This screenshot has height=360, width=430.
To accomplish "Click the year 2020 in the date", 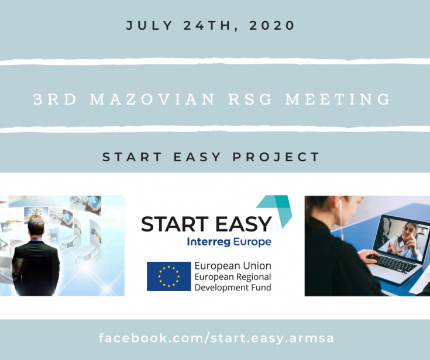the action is [x=272, y=26].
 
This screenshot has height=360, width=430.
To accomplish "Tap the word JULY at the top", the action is [x=149, y=26].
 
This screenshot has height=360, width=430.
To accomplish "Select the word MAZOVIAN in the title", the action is [x=153, y=99].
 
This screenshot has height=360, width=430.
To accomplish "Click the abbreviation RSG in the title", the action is [x=250, y=99].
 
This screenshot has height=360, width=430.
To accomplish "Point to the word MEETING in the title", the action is [x=338, y=99].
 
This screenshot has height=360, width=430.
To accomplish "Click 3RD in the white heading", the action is [x=55, y=99].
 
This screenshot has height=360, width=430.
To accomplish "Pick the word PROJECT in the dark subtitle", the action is [x=276, y=157].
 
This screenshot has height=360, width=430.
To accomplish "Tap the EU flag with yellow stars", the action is [x=168, y=276].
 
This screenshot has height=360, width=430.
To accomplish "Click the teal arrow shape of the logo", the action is [x=277, y=210].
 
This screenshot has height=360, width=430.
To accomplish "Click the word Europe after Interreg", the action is [x=252, y=242].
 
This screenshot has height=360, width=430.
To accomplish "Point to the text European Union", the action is [x=233, y=266].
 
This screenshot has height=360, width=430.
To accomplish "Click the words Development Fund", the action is [x=233, y=288].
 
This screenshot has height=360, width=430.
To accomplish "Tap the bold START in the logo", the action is [x=175, y=224].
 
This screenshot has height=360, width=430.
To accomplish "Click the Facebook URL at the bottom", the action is [x=216, y=338].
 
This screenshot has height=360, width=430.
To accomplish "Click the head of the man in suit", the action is [x=36, y=227].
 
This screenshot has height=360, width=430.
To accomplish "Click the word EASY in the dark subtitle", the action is [x=197, y=157].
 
